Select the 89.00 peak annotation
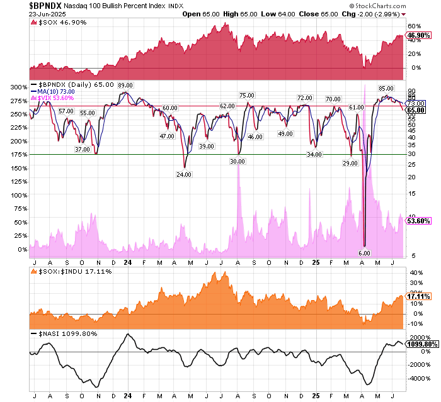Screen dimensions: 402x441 (124, 85)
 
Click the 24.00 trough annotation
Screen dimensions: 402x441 (184, 174)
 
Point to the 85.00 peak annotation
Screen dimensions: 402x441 (386, 89)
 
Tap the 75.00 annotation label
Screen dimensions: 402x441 (246, 96)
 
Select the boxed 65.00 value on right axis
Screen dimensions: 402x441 (414, 109)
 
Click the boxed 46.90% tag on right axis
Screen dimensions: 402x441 (416, 36)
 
